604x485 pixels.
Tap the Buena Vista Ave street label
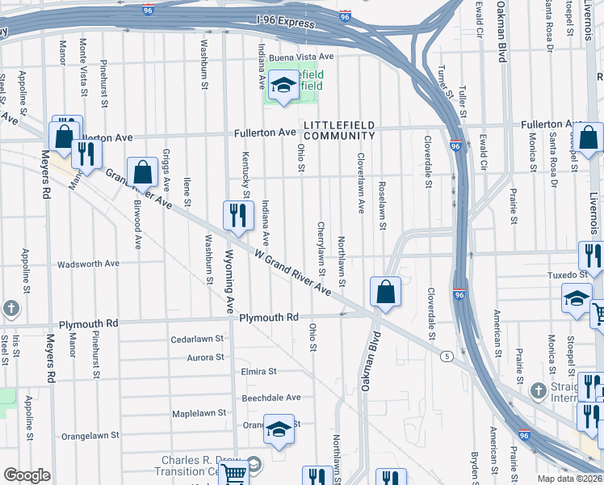pos(302,57)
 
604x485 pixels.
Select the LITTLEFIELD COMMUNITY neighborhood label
pos(351,129)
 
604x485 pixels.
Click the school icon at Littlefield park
pos(283,86)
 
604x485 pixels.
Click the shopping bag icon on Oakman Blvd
pos(386,293)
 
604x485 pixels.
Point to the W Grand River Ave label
pos(293,272)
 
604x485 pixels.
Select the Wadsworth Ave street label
pos(90,264)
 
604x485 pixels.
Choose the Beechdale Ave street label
pos(271,398)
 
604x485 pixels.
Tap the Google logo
pos(27,475)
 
